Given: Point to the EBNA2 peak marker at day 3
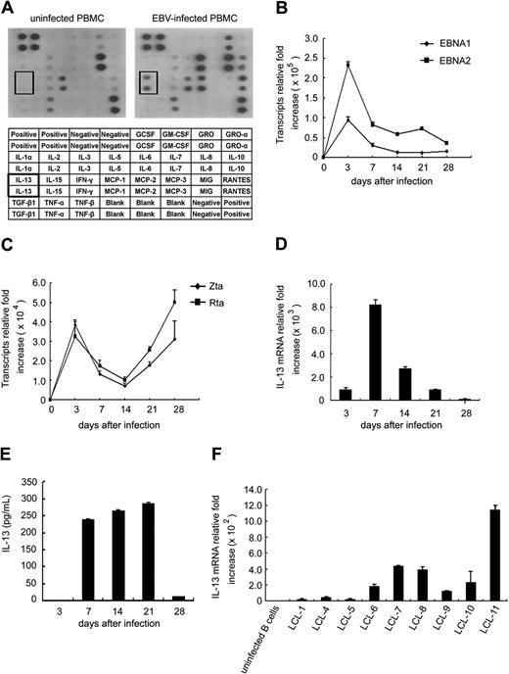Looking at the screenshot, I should click(x=348, y=65).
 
